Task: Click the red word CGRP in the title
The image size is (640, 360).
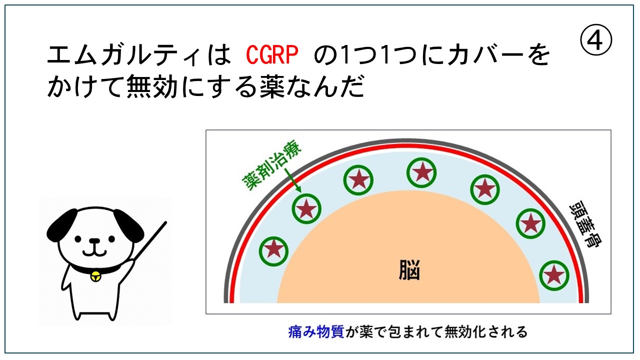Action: [x=272, y=54]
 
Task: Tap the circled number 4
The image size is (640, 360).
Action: [x=596, y=40]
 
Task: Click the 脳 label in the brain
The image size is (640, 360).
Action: [x=409, y=270]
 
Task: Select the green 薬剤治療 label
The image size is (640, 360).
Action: [x=271, y=165]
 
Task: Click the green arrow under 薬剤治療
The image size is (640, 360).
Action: [x=292, y=180]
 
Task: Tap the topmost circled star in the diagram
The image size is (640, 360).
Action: [x=421, y=173]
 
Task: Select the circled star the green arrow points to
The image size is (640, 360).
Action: [x=306, y=208]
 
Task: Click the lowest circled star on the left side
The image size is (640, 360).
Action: [x=273, y=251]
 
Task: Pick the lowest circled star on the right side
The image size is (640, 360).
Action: [x=554, y=275]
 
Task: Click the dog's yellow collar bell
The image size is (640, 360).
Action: [x=95, y=277]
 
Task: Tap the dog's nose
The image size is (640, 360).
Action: [x=95, y=241]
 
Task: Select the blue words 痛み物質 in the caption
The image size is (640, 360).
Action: [x=316, y=331]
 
